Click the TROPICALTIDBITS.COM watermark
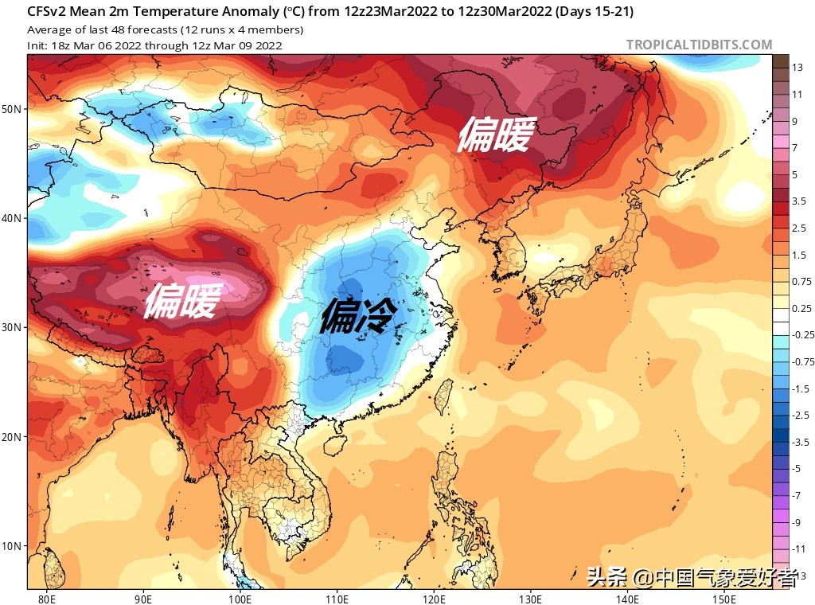[699, 45]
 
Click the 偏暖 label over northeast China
[493, 135]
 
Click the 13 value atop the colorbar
[796, 68]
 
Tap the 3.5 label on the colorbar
[798, 201]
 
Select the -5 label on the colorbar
[796, 468]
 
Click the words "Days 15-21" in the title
[597, 12]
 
